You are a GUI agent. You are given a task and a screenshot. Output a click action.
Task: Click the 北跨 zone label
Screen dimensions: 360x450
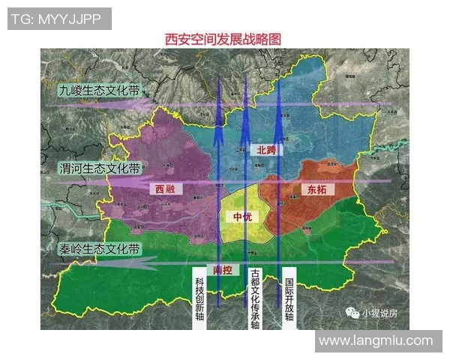266,151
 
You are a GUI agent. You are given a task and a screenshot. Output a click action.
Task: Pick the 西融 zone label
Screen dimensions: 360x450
165,190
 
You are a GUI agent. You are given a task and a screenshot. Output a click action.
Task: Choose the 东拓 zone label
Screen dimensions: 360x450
316,189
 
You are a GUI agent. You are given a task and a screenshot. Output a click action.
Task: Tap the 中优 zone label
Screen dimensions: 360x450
242,217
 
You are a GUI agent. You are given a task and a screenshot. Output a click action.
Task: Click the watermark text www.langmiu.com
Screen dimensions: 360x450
375,341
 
